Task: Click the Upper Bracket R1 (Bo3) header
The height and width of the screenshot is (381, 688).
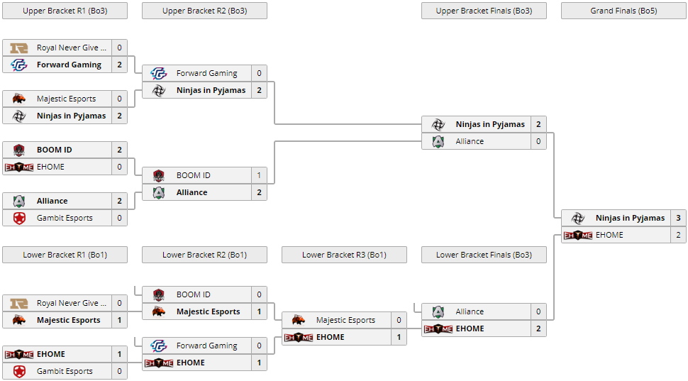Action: point(65,11)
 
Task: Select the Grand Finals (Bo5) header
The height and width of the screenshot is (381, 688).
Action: point(623,11)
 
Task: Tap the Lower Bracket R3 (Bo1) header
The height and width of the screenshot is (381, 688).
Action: point(344,255)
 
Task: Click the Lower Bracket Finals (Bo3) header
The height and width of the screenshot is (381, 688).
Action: point(484,255)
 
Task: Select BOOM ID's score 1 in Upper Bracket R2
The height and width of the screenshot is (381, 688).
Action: point(259,175)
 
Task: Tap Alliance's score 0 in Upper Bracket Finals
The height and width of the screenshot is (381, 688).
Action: point(538,141)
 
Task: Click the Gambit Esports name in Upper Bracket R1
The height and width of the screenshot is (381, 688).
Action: point(65,218)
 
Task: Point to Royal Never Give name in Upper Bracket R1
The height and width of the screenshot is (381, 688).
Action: point(72,48)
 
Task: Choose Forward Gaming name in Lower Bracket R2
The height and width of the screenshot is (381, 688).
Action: point(206,346)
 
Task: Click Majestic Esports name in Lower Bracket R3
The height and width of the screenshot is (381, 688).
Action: point(345,320)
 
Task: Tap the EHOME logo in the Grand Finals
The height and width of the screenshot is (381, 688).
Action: point(578,235)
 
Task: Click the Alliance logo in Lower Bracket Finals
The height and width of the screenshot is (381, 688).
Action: point(438,311)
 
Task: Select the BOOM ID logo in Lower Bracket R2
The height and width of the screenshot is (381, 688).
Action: point(159,294)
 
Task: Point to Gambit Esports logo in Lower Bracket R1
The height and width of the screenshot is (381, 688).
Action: point(19,371)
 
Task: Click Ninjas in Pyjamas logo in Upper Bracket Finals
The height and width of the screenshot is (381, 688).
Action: point(438,124)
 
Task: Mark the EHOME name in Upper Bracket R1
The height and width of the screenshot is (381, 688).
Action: point(50,167)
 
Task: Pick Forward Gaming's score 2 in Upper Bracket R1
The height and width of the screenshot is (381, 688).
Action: point(119,65)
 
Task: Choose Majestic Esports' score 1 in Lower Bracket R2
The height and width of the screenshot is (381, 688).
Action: point(259,311)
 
